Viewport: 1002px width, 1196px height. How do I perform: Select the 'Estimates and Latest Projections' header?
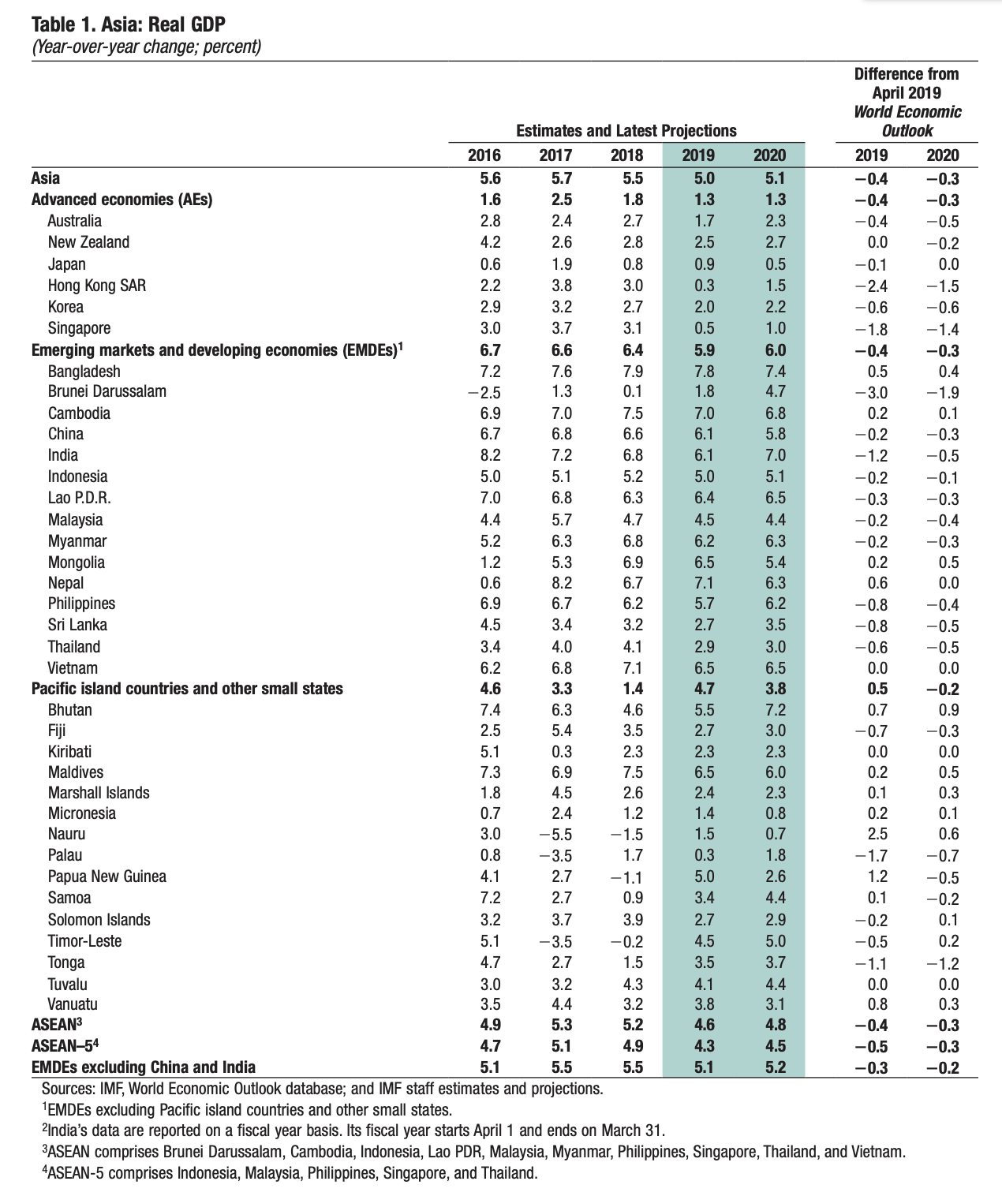coord(626,131)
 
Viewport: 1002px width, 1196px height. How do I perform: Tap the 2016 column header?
coord(484,155)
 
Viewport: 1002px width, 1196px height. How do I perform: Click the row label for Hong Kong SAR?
coord(96,286)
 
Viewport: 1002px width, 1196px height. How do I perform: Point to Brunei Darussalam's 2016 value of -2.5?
coord(483,392)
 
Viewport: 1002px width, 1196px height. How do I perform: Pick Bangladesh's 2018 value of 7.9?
coord(632,372)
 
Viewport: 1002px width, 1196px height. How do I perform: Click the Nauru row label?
coord(66,834)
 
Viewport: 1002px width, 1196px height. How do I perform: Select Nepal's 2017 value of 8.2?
coord(561,583)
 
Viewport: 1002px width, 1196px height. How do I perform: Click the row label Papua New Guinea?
coord(107,876)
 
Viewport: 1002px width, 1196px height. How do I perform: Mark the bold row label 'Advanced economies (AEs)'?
coord(122,200)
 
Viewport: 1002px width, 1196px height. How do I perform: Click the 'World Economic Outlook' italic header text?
coord(907,121)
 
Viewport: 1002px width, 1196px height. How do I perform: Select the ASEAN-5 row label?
coord(64,1046)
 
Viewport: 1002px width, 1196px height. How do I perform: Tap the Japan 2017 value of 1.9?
coord(561,264)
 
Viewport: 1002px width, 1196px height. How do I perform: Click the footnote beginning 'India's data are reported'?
coord(353,1130)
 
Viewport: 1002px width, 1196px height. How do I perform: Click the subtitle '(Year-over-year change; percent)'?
coord(146,46)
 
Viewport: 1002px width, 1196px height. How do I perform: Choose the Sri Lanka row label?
coord(77,625)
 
